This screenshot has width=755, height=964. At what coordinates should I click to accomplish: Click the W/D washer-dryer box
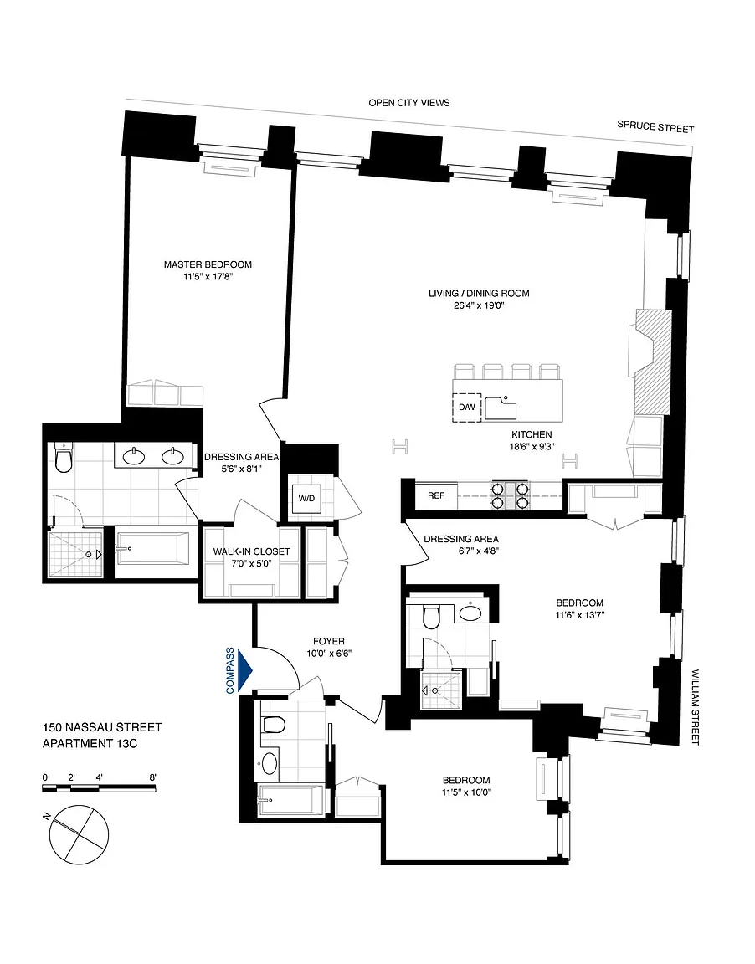[x=306, y=498]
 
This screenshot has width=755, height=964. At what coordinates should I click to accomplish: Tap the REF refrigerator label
[x=436, y=495]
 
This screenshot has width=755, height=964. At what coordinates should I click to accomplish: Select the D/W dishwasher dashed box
[x=467, y=407]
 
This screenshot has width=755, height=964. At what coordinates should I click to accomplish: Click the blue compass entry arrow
[x=245, y=669]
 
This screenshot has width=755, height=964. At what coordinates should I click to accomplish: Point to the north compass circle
[x=80, y=834]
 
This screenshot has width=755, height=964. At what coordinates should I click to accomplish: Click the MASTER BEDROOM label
[x=208, y=264]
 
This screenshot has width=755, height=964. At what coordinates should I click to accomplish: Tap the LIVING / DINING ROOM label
[x=479, y=293]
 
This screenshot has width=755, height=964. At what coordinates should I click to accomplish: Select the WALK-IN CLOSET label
[x=251, y=551]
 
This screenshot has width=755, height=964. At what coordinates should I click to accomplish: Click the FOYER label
[x=329, y=641]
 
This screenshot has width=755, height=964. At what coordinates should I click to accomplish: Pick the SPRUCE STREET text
[x=655, y=126]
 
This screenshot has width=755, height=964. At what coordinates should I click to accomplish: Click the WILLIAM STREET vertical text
[x=696, y=707]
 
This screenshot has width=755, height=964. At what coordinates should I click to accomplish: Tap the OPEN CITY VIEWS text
[x=408, y=103]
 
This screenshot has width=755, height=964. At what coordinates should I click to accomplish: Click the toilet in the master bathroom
[x=64, y=458]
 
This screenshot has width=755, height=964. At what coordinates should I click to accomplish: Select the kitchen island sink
[x=501, y=408]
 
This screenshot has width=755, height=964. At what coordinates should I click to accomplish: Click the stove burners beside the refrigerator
[x=510, y=495]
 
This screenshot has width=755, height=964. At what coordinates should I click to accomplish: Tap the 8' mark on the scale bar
[x=152, y=777]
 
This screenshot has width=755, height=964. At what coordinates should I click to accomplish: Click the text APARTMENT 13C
[x=90, y=743]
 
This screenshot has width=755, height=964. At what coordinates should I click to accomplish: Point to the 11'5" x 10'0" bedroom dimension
[x=466, y=792]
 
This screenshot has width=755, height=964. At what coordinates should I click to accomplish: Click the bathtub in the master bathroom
[x=154, y=548]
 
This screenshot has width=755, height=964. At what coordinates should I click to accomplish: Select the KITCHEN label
[x=532, y=434]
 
